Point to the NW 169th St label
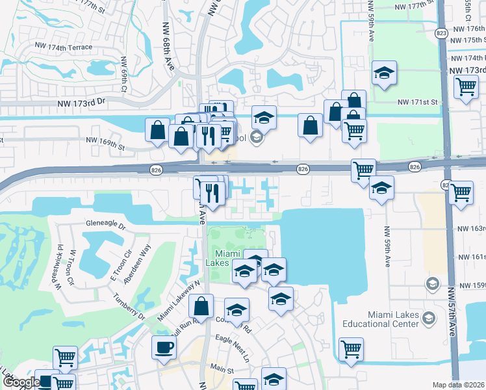105,139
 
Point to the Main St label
222,369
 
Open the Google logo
21,383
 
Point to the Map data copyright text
458,385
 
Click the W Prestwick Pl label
60,266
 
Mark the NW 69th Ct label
123,73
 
